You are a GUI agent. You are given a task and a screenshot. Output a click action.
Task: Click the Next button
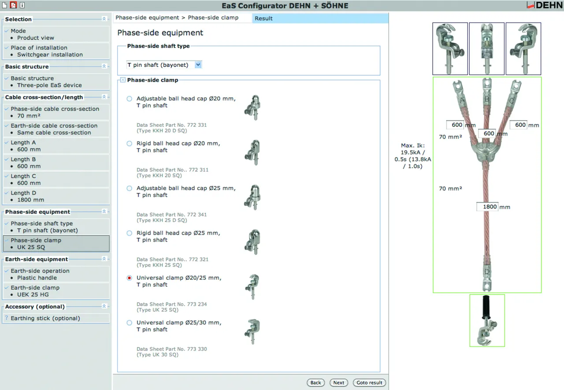(339, 383)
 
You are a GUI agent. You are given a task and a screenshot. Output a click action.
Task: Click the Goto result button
(369, 383)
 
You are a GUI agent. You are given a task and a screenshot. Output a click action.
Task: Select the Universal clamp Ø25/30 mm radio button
(129, 323)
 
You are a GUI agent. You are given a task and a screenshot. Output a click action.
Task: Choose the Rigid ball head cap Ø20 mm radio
(129, 143)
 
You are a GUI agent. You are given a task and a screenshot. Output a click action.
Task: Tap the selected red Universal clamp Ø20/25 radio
(129, 278)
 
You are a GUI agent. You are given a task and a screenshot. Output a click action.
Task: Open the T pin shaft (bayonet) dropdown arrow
(198, 65)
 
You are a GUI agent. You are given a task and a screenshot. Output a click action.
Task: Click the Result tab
(263, 18)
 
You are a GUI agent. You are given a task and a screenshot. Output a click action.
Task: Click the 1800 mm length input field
(487, 206)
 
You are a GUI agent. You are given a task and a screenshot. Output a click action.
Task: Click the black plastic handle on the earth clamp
(486, 307)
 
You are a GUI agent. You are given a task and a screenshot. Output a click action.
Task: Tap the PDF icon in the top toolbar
(13, 5)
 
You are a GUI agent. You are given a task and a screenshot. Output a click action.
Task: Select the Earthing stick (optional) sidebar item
(45, 318)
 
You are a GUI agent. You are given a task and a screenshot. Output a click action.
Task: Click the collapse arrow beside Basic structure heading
(104, 66)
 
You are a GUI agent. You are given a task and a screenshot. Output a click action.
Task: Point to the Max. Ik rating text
(413, 156)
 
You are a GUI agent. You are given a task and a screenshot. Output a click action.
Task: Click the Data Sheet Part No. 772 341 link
(171, 215)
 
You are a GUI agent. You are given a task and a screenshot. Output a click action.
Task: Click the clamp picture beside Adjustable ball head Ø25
(253, 197)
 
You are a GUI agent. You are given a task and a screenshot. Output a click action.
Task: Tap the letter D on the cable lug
(487, 272)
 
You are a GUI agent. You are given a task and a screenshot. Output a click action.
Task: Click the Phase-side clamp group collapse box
(123, 80)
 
